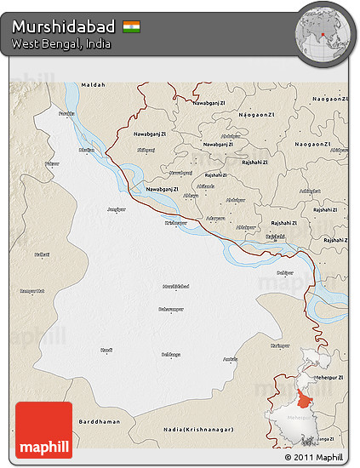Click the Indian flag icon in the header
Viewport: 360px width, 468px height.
[132, 26]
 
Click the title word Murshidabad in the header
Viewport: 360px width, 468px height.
[64, 26]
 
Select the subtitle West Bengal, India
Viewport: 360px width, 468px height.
[60, 43]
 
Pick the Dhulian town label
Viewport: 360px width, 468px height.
[86, 150]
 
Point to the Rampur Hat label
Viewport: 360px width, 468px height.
[32, 291]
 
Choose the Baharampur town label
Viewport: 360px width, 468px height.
[172, 311]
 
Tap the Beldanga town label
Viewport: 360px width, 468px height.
[171, 354]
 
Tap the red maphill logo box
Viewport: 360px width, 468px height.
[43, 431]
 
